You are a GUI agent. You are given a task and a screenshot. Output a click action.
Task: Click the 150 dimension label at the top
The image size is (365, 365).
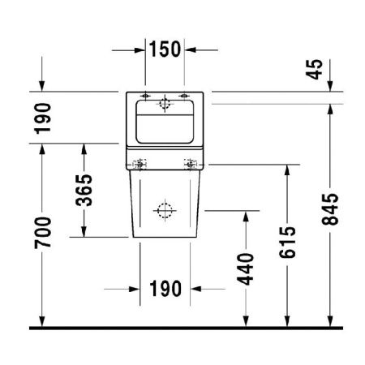click(x=165, y=49)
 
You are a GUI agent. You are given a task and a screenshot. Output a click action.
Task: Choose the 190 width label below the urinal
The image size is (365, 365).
click(x=165, y=289)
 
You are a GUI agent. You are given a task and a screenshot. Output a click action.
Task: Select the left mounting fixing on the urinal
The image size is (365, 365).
click(x=140, y=165)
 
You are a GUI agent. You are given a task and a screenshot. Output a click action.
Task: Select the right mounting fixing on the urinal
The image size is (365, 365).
click(x=192, y=165)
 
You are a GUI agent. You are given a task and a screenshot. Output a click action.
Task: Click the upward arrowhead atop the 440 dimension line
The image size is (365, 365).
click(x=246, y=217)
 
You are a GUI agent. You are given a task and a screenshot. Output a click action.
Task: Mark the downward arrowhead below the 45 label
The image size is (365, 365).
click(x=328, y=88)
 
